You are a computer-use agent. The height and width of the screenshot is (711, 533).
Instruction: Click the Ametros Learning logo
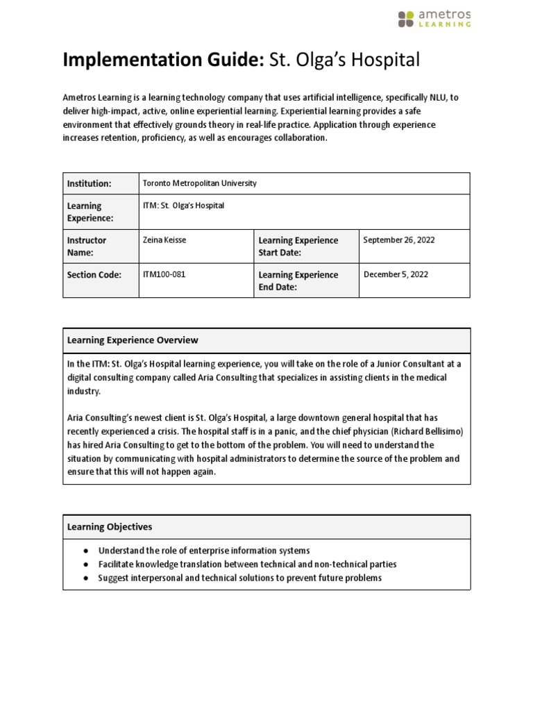(434, 19)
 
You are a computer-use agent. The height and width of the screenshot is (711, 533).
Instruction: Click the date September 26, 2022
(399, 240)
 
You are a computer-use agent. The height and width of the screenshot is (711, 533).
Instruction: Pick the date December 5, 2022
(396, 274)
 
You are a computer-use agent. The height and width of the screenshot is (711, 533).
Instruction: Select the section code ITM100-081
(164, 274)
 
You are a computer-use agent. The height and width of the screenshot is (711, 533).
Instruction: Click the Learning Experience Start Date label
(298, 246)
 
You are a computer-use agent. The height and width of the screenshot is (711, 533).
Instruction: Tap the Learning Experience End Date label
(298, 281)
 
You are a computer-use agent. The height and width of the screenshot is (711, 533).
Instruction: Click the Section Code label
(94, 275)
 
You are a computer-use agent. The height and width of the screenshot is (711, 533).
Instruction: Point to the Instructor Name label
(87, 246)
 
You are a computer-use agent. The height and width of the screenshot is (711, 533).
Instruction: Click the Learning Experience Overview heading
(132, 340)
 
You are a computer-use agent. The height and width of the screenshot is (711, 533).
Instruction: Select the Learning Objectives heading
(109, 527)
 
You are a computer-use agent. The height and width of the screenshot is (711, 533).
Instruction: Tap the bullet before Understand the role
(85, 551)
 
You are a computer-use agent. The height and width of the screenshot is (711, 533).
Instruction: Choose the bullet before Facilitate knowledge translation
(85, 564)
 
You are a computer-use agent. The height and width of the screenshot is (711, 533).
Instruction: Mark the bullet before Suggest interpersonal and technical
(85, 578)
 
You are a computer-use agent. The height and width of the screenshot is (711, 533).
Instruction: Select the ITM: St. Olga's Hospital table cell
(183, 206)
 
